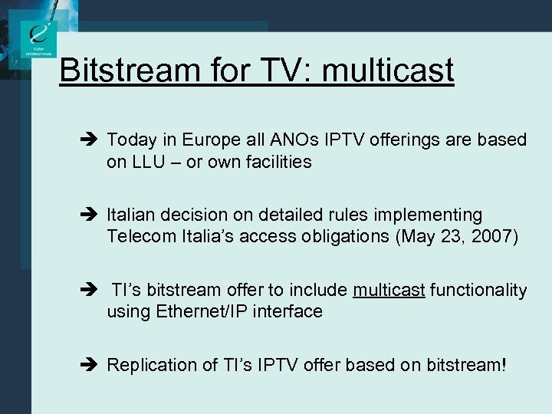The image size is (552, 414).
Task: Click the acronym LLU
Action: point(148,162)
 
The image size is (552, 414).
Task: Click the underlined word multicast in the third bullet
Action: point(389,290)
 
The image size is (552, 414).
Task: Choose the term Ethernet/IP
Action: point(204,311)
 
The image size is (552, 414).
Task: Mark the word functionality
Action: point(478,290)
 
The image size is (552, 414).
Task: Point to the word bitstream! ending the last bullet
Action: point(465,365)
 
